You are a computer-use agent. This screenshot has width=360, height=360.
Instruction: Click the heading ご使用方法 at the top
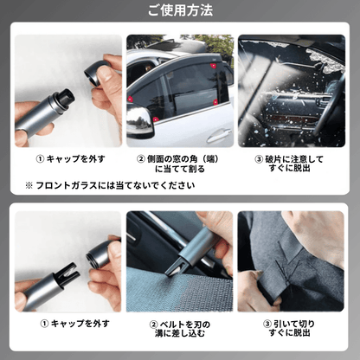point(179,11)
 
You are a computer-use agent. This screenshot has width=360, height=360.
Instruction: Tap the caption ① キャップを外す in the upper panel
point(65,158)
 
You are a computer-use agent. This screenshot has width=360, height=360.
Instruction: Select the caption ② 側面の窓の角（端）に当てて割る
point(179,164)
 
